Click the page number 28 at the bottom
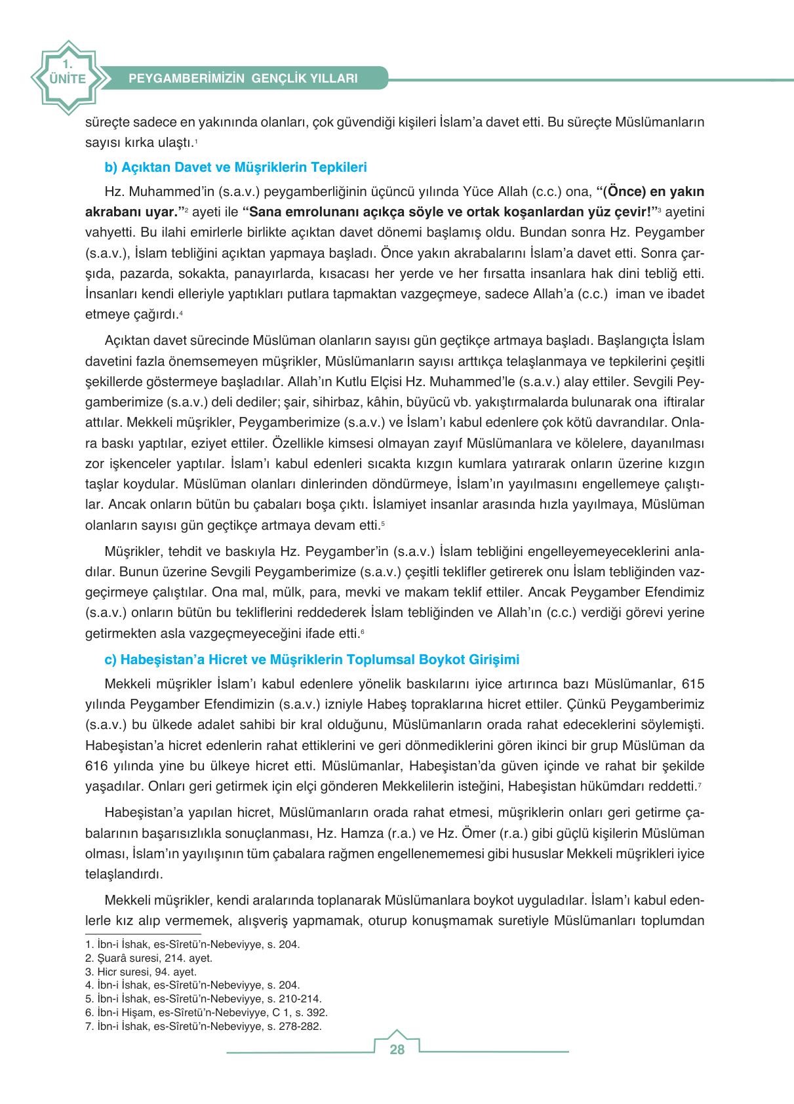397,1050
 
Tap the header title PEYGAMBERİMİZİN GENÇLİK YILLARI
243,78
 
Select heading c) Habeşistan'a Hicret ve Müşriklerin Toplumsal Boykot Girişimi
312,660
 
